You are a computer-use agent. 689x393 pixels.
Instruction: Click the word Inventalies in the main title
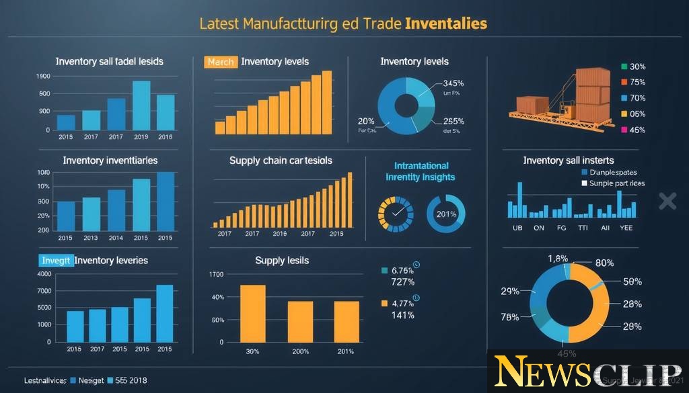446,24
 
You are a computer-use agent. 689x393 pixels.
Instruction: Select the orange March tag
220,62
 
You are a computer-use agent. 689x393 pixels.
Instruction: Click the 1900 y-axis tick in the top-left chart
42,77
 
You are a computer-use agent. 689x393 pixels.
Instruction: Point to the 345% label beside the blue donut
453,83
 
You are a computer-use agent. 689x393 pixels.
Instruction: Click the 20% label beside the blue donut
366,121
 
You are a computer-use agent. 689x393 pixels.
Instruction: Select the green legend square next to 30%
624,67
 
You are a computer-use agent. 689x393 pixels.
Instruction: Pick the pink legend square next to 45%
624,129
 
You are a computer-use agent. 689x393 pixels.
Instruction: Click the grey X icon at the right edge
667,200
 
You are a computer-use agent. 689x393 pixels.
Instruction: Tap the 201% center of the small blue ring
446,214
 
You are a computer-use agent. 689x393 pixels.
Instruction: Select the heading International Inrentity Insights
421,171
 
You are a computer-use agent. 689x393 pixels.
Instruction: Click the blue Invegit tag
55,261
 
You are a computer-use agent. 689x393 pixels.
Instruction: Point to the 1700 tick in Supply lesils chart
216,274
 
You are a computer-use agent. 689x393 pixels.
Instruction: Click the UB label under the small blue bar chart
518,228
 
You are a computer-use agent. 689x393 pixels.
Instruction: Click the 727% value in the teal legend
402,281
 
